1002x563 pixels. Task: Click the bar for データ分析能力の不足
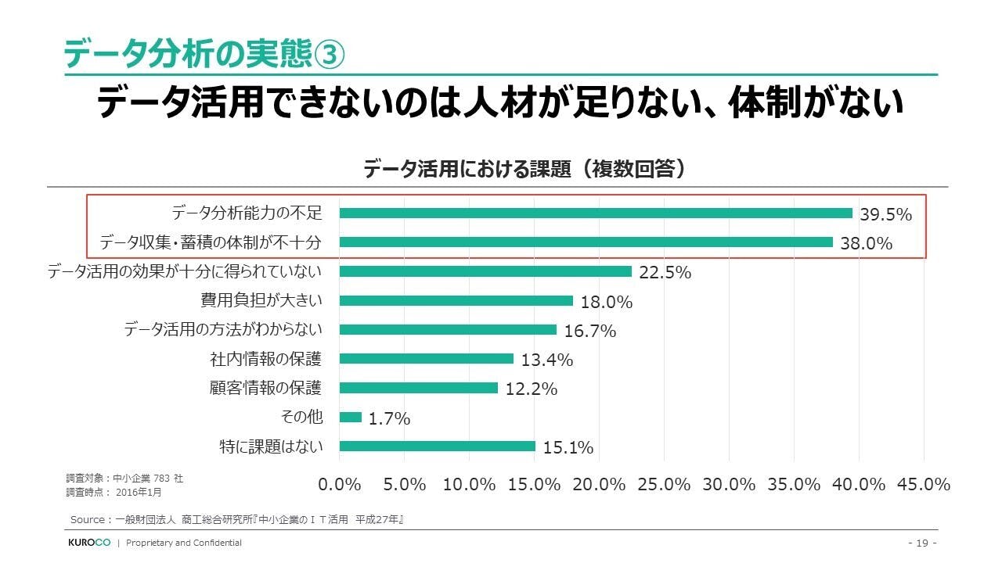(596, 213)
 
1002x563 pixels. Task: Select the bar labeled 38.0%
(586, 242)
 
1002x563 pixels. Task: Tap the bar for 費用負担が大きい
(456, 301)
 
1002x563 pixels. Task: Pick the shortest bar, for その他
(351, 418)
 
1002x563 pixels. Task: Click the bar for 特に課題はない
(438, 446)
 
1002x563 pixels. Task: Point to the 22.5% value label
(665, 273)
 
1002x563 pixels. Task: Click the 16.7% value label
(590, 332)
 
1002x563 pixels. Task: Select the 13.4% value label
(547, 360)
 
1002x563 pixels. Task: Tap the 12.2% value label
(532, 389)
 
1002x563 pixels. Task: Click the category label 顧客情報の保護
(265, 388)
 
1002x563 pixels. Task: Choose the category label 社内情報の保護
(265, 359)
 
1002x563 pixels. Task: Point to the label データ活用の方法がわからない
(223, 330)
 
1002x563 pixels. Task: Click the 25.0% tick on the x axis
(665, 485)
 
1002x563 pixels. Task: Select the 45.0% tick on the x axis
(924, 485)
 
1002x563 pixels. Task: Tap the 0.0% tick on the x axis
(340, 485)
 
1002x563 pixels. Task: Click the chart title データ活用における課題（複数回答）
(524, 169)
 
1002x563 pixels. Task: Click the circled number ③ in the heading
(329, 55)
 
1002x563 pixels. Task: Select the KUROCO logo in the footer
(88, 543)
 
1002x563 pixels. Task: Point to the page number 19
(921, 543)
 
